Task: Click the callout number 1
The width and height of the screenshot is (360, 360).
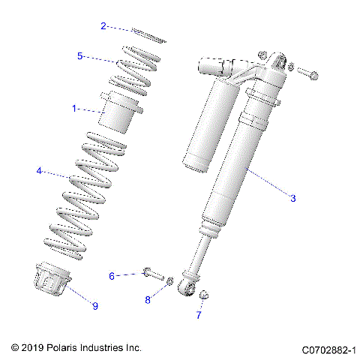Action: pos(74,109)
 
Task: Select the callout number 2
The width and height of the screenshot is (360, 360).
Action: pos(103,25)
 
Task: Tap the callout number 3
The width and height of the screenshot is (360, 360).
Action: pos(292,198)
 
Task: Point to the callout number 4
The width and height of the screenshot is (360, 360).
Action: pos(38,171)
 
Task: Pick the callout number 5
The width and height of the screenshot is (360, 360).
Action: pos(80,55)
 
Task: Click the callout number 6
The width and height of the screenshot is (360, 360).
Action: pos(112,276)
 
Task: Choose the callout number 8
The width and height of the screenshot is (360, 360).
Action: pos(148,300)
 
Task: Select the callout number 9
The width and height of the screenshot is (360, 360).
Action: pos(95,305)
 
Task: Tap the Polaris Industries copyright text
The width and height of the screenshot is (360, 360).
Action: pos(76,348)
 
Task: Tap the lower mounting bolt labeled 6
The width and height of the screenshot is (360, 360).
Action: pos(154,274)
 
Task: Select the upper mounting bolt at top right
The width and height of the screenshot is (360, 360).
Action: pos(308,73)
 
